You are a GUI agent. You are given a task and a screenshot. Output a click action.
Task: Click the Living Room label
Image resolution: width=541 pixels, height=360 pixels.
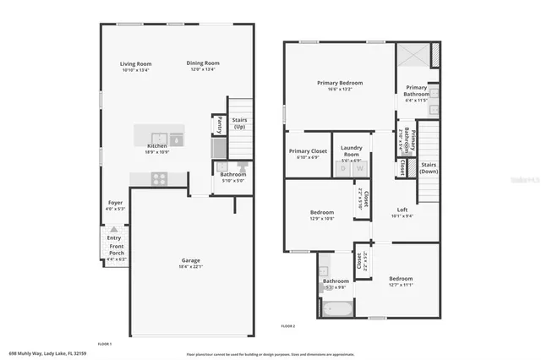coord(135,63)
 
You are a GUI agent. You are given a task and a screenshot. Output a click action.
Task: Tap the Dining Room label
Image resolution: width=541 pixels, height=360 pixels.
coord(203,63)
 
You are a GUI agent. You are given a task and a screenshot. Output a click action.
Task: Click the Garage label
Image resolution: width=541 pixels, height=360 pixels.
coord(191,259)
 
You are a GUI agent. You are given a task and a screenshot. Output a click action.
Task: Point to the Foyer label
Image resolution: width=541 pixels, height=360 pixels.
coord(115,202)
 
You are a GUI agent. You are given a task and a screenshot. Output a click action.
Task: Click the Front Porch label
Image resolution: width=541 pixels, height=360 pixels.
coord(117,251)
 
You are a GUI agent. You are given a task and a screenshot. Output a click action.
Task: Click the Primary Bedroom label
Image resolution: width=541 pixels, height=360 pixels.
coord(340,83)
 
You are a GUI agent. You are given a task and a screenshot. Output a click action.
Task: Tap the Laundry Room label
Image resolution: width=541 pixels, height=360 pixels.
coord(351,151)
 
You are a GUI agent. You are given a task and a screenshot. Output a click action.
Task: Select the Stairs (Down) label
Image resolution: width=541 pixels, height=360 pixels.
coord(429,168)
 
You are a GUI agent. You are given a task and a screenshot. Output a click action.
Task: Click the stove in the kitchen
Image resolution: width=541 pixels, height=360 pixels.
coord(158,178)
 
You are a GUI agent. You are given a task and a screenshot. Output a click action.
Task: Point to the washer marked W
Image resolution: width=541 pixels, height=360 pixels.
coord(360,169)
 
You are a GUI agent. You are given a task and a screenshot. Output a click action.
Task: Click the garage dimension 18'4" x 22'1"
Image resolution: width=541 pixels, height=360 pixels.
coord(191,266)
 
